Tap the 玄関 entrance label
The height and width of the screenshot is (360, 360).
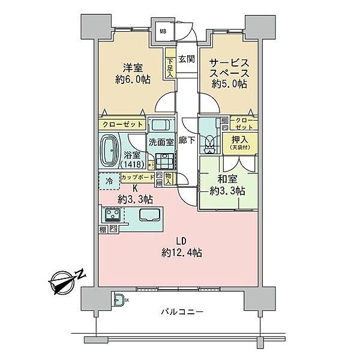click(x=186, y=59)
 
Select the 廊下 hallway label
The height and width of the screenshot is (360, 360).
click(x=187, y=141)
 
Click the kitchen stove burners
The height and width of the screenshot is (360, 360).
click(x=112, y=214)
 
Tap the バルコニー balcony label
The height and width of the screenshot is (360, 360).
click(x=182, y=311)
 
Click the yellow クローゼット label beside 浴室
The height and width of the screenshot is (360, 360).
click(x=123, y=124)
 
